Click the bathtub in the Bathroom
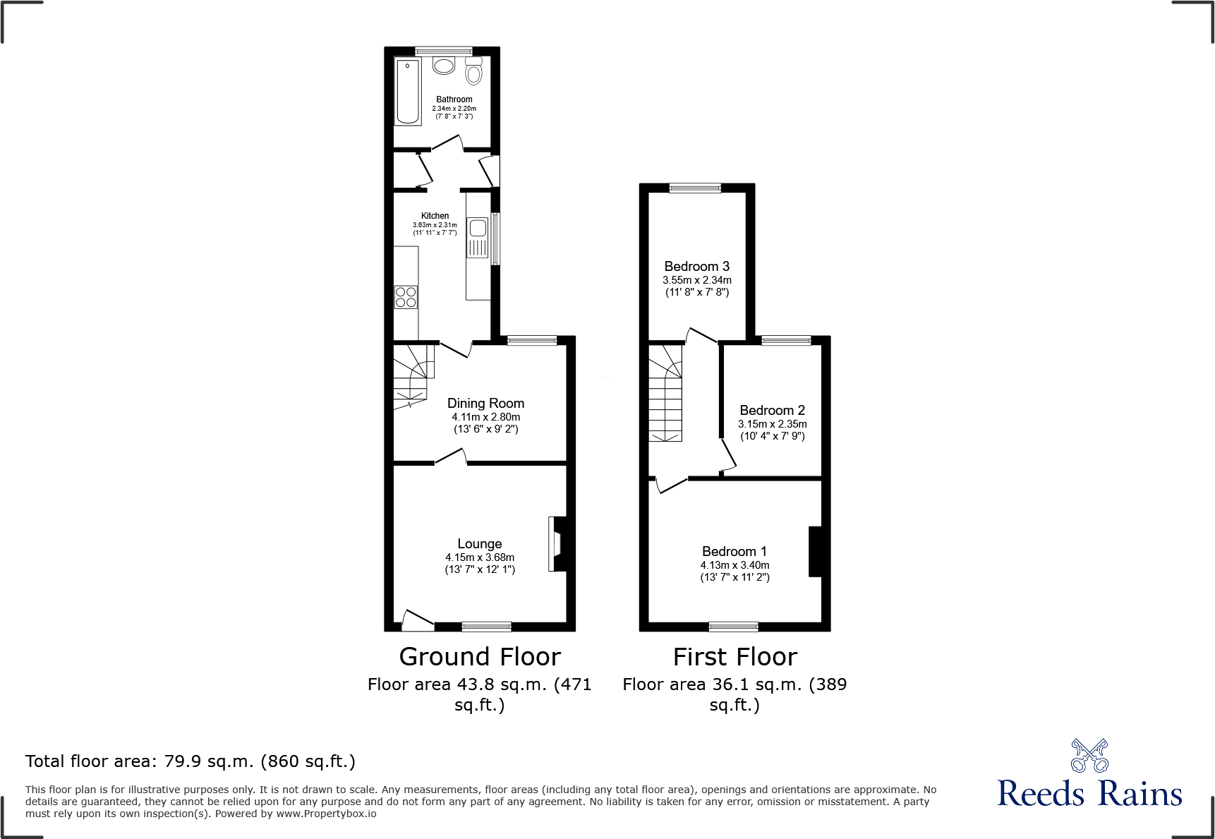point(408,92)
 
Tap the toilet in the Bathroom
point(474,72)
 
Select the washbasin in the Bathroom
point(444,66)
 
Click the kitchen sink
point(478,229)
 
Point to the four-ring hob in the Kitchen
point(406,297)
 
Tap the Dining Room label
point(485,403)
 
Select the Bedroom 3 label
point(696,266)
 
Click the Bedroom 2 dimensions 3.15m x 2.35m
point(772,424)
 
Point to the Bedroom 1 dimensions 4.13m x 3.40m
point(735,565)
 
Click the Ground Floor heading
point(479,657)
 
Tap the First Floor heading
point(735,657)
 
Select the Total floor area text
point(191,761)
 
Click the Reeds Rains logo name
point(1089,794)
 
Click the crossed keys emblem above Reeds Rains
point(1089,756)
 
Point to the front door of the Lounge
point(417,620)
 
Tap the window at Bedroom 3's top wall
point(695,188)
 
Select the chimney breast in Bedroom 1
point(815,551)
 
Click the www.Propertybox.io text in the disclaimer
point(326,814)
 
